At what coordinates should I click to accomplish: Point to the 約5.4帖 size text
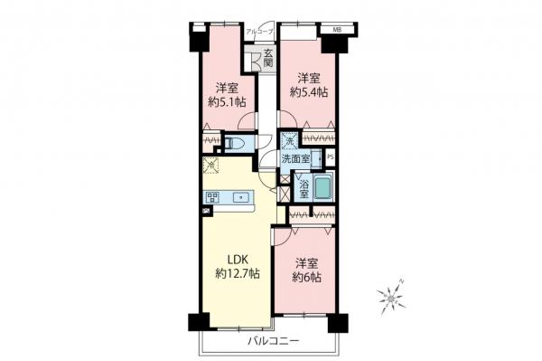307,92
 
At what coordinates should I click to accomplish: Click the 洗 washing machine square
287,141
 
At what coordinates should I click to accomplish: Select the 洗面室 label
295,158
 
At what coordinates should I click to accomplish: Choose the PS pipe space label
331,157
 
